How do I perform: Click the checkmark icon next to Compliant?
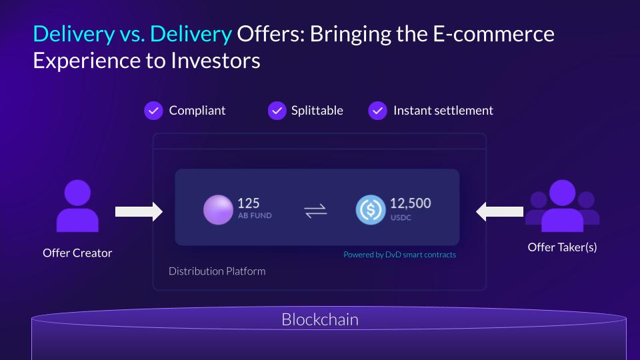[x=153, y=111]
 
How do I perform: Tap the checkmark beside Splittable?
[x=277, y=111]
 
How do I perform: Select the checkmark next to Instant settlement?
[x=377, y=111]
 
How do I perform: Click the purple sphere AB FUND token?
[x=219, y=210]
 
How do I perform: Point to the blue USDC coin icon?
[x=371, y=210]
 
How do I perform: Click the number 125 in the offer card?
[x=248, y=203]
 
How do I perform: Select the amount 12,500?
[x=410, y=203]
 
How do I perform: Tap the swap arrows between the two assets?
[x=315, y=211]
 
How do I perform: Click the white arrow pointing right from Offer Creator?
[x=139, y=211]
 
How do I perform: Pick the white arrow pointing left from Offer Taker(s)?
[x=499, y=211]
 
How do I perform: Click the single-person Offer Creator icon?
[x=77, y=206]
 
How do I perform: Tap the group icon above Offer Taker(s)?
[x=563, y=206]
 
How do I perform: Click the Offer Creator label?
[x=77, y=253]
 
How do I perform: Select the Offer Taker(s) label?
[x=562, y=247]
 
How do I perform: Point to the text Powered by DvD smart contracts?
[x=399, y=255]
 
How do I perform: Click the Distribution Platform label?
[x=217, y=271]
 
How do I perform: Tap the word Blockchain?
[x=320, y=319]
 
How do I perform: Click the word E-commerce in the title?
[x=493, y=34]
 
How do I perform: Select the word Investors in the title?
[x=215, y=61]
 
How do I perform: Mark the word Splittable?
[x=317, y=111]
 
